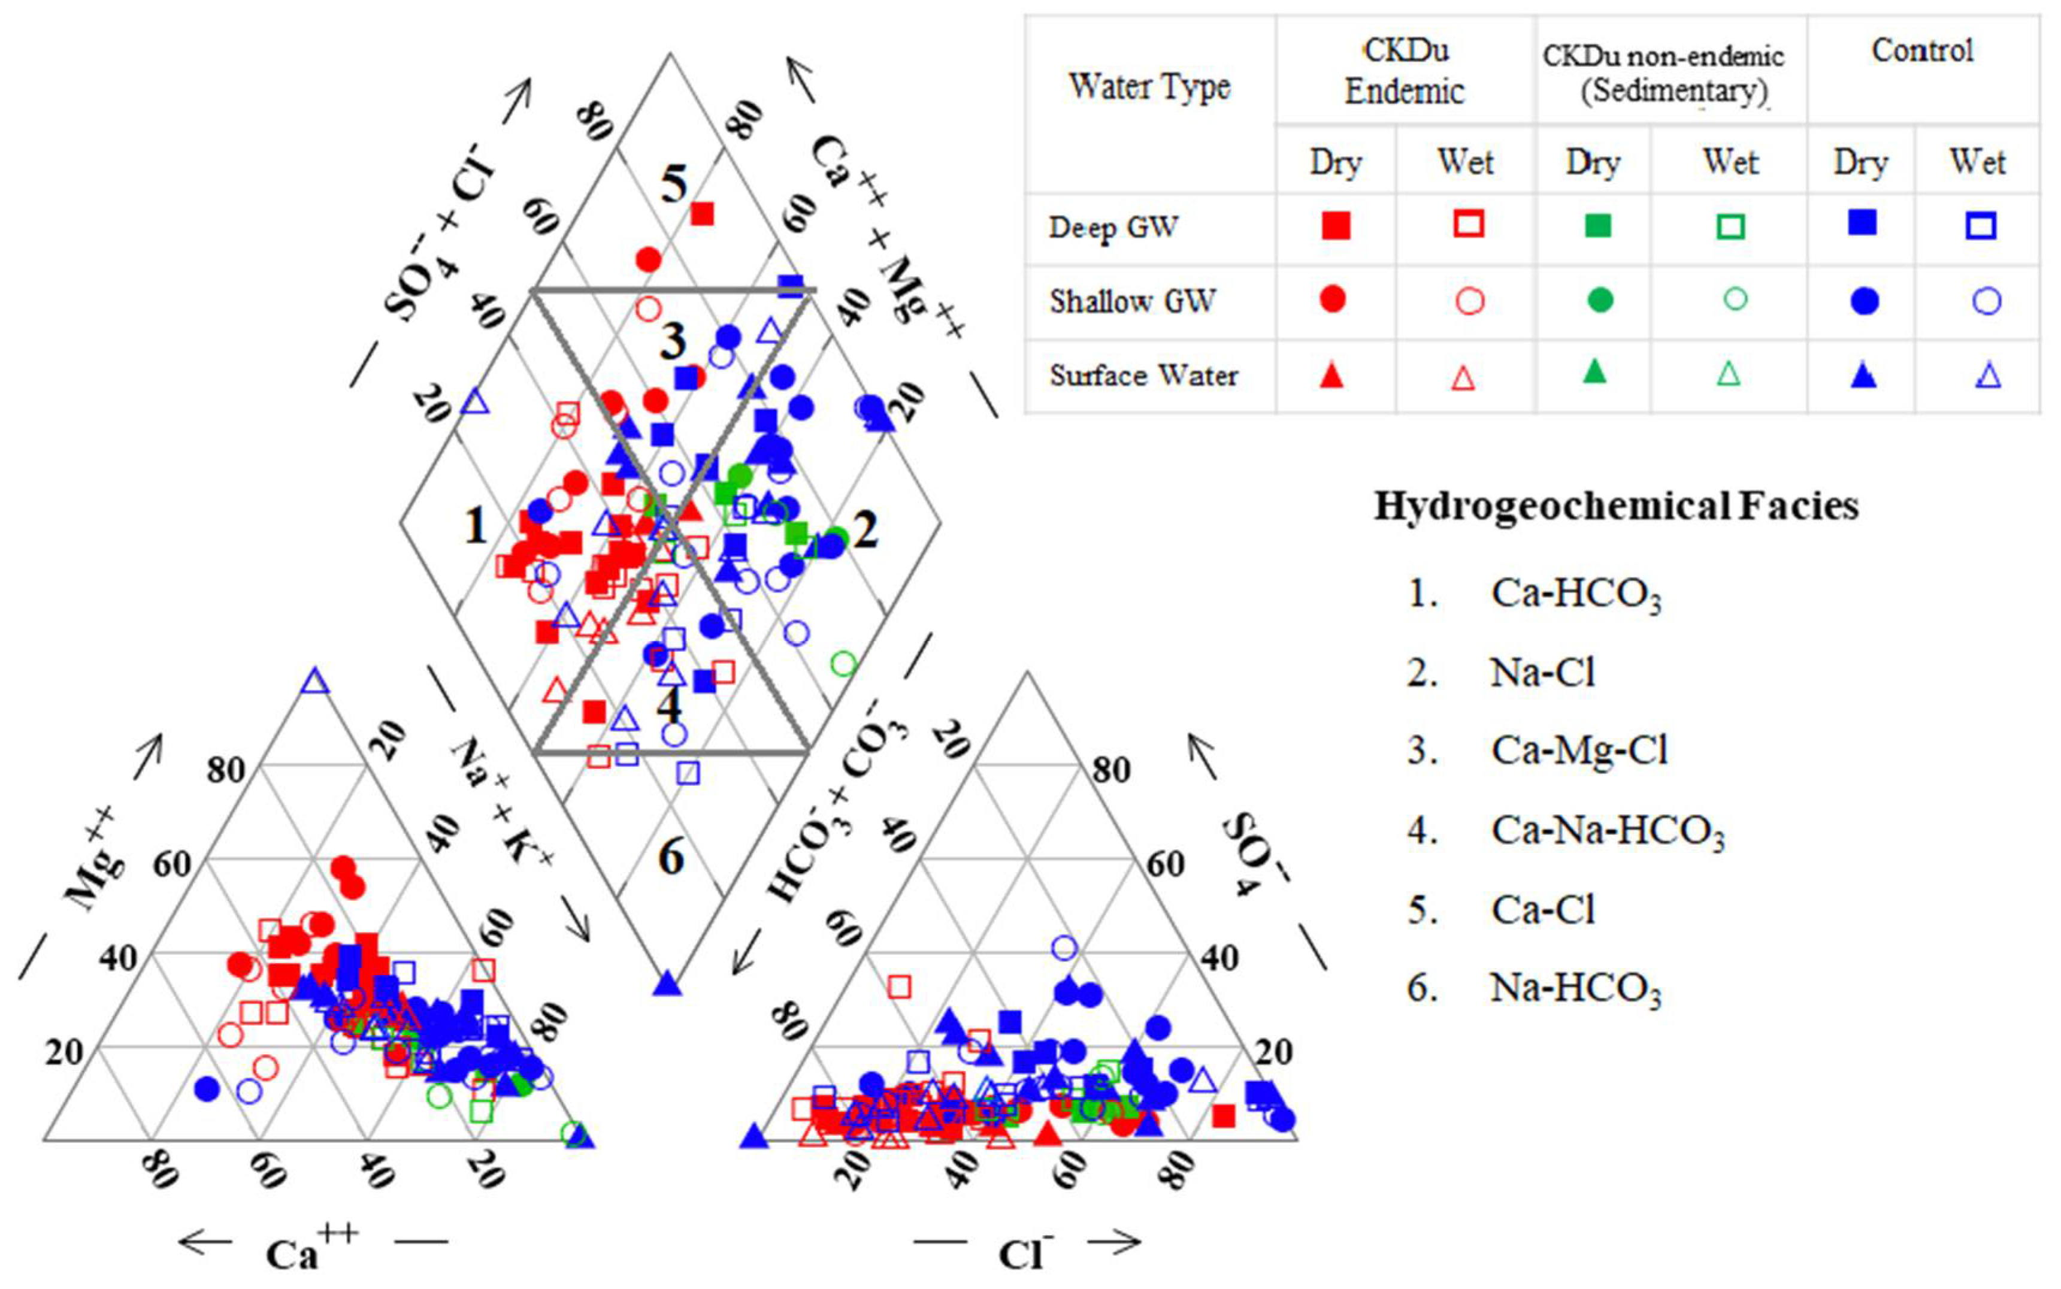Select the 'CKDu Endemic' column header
click(x=1405, y=71)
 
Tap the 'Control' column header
click(x=1922, y=51)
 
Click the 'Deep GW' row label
click(x=1113, y=228)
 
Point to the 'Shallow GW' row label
click(x=1132, y=301)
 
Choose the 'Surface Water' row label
click(x=1143, y=375)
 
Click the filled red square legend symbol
click(x=1336, y=225)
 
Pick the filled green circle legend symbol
click(x=1600, y=300)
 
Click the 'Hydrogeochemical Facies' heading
click(x=1616, y=506)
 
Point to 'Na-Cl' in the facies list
click(x=1542, y=673)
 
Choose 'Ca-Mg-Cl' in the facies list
click(x=1579, y=750)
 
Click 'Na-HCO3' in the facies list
click(x=1575, y=988)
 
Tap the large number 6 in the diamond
click(x=671, y=857)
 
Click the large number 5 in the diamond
click(x=673, y=183)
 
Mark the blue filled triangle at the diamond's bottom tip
click(x=668, y=984)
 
